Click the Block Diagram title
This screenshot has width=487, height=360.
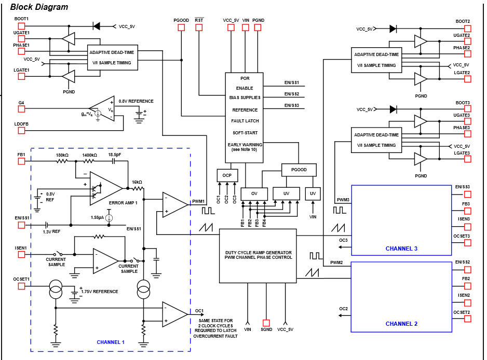point(39,7)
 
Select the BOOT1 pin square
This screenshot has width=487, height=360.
point(21,26)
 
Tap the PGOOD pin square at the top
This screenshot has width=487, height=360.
point(181,27)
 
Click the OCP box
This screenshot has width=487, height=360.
point(227,175)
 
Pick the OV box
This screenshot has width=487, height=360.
point(254,193)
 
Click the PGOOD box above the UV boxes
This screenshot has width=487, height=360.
point(299,170)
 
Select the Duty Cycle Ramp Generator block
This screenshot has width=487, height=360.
point(258,255)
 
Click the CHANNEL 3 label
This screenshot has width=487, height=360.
point(401,248)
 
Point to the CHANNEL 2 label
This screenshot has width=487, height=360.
point(401,324)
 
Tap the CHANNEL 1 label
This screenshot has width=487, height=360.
point(111,342)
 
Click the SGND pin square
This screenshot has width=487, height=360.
point(266,323)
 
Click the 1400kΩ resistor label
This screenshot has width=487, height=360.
point(89,155)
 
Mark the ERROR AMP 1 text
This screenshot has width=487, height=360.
point(123,202)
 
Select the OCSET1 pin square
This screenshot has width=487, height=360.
point(21,286)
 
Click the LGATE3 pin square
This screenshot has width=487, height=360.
point(467,159)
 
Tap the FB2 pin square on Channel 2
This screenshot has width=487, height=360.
point(467,286)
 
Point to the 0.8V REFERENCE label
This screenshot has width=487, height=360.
point(136,101)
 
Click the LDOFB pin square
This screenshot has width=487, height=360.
point(21,130)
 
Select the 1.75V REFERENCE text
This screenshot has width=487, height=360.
point(100,292)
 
